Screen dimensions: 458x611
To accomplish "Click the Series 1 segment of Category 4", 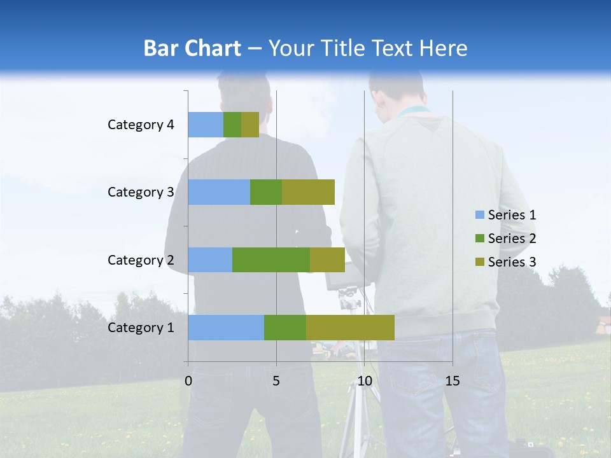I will [205, 125].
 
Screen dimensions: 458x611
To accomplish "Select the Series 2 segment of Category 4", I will [232, 125].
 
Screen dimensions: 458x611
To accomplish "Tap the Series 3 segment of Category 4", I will [250, 125].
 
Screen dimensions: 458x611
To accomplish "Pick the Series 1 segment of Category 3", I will [218, 192].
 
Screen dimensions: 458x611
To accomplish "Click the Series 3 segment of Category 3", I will [308, 192].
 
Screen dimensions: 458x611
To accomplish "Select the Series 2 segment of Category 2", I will [271, 260].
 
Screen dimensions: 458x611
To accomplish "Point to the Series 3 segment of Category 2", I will [327, 260].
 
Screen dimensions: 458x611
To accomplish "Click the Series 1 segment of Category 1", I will [225, 328].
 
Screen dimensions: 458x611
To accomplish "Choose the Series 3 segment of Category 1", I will [350, 328].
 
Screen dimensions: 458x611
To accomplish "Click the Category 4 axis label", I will [141, 125].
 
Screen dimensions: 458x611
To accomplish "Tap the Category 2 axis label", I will [141, 260].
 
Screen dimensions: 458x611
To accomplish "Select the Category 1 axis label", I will [141, 328].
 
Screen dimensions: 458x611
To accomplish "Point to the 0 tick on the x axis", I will [188, 381].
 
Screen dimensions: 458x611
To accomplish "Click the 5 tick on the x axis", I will [276, 381].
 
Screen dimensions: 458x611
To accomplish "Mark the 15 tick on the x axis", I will [453, 381].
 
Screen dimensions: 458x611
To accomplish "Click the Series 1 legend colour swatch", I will [479, 215].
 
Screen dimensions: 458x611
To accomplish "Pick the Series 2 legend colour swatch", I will [479, 239].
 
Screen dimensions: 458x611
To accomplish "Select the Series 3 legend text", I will [512, 262].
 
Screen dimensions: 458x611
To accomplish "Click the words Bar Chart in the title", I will [192, 48].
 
